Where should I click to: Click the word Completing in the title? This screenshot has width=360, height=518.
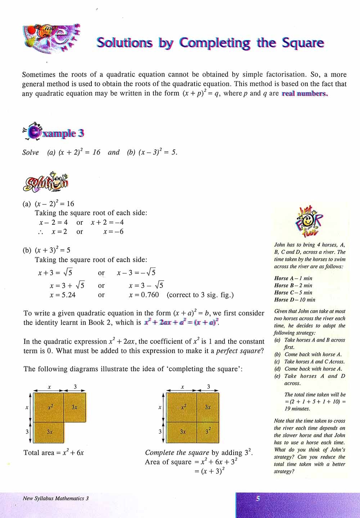point(215,43)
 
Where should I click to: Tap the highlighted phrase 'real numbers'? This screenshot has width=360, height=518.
point(305,94)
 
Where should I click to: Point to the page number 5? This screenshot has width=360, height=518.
point(258,499)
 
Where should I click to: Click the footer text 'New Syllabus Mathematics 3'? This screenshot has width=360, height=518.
point(55,499)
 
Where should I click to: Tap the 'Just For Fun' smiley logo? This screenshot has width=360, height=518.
point(309,223)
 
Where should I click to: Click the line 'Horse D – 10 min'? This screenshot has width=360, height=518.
point(294,300)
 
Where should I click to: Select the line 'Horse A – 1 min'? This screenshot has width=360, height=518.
point(293,278)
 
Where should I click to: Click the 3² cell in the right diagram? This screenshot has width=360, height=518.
point(208,431)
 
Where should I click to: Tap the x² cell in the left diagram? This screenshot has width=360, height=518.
point(50,407)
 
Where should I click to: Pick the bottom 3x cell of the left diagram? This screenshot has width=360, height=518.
point(50,432)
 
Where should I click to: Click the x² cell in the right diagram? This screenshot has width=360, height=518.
point(183,407)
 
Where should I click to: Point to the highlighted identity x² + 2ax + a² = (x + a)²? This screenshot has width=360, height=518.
point(181,323)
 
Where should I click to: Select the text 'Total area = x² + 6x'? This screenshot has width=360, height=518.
point(54,453)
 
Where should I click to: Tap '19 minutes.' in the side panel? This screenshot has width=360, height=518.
point(297,409)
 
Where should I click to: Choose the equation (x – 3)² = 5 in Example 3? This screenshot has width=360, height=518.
point(152,152)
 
